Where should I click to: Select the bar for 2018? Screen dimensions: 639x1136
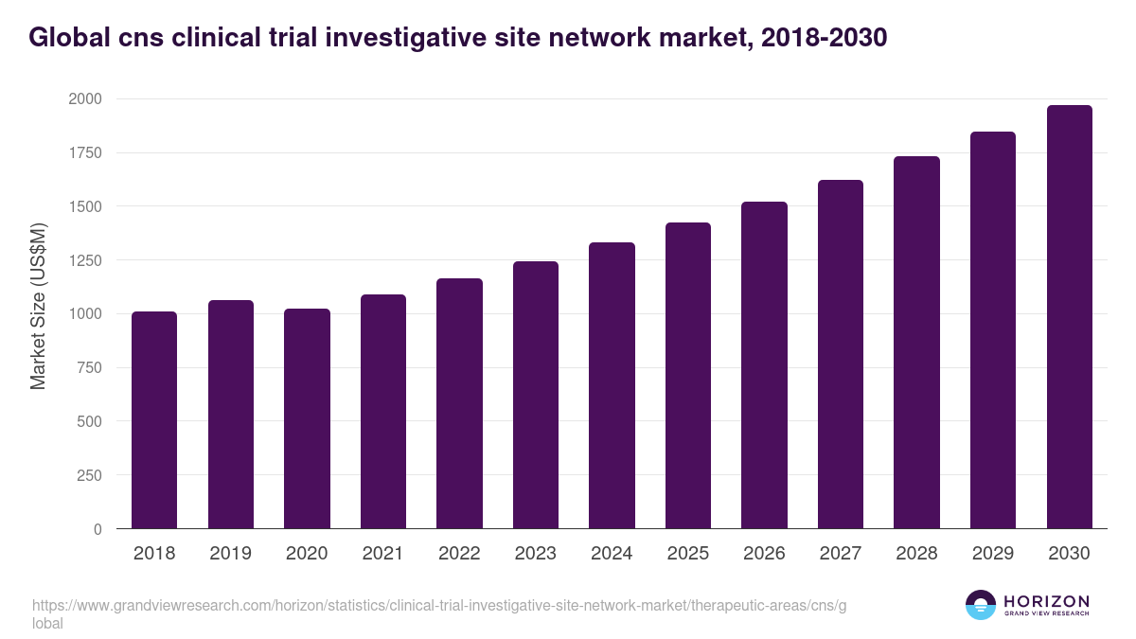click(x=154, y=420)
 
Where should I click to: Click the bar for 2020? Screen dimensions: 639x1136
click(x=307, y=418)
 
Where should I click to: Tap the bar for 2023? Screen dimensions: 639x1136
click(x=536, y=395)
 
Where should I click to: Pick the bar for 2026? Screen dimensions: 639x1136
click(x=764, y=365)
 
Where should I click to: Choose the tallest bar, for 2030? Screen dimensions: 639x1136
click(x=1069, y=317)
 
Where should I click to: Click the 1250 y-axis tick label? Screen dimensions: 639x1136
click(x=85, y=260)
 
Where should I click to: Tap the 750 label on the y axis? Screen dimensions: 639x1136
click(x=90, y=368)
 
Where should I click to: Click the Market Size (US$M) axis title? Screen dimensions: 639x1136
click(x=38, y=306)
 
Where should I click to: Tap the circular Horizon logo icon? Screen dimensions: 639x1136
click(x=980, y=605)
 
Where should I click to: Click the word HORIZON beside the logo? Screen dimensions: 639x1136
click(x=1046, y=600)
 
